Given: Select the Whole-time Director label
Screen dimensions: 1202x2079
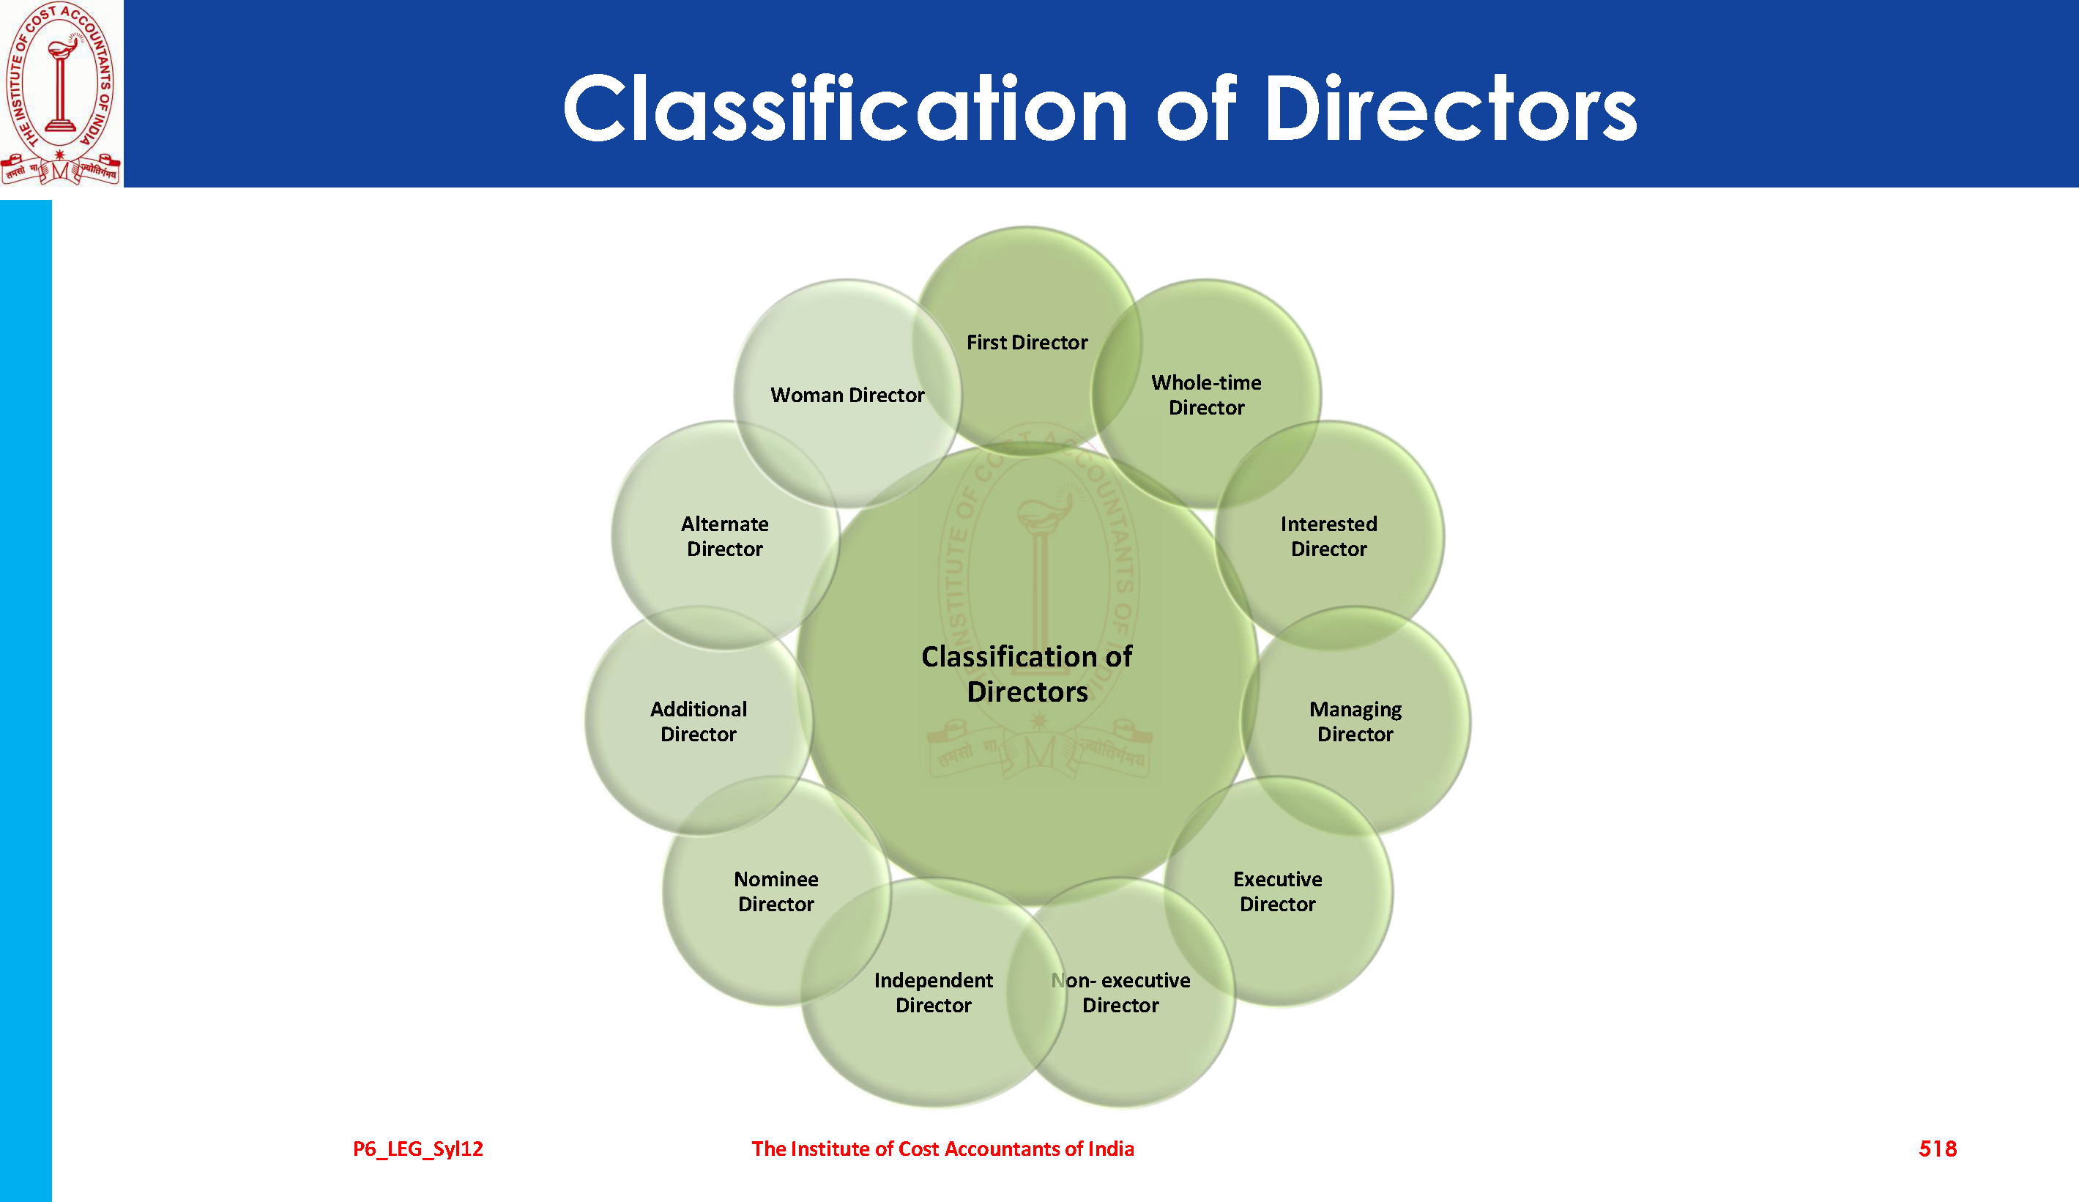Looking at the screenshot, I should pyautogui.click(x=1206, y=395).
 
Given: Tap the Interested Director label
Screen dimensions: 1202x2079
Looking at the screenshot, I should pyautogui.click(x=1328, y=536).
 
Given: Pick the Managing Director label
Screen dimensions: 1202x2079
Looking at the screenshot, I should pyautogui.click(x=1355, y=722).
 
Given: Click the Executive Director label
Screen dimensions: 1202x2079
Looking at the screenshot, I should pyautogui.click(x=1277, y=892).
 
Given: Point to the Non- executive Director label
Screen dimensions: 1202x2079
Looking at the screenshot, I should pyautogui.click(x=1120, y=993).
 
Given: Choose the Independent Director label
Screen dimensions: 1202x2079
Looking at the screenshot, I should pyautogui.click(x=933, y=993).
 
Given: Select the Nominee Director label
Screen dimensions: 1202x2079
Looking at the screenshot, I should pyautogui.click(x=776, y=892).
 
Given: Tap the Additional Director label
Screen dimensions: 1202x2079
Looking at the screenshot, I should pyautogui.click(x=698, y=722).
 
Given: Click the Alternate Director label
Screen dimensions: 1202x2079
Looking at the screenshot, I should pyautogui.click(x=724, y=536).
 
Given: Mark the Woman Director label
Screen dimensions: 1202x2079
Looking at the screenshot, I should pyautogui.click(x=847, y=395).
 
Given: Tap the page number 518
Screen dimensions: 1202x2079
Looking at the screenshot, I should pyautogui.click(x=1937, y=1149).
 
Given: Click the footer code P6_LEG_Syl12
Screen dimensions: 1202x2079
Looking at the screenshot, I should pyautogui.click(x=417, y=1149).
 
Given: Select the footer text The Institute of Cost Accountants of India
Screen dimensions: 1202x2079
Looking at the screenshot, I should pyautogui.click(x=942, y=1149).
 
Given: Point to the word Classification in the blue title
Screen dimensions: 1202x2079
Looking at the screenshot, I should pyautogui.click(x=845, y=108).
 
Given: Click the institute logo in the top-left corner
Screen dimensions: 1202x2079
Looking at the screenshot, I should pyautogui.click(x=61, y=92).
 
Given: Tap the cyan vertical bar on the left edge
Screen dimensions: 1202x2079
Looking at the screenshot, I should pyautogui.click(x=26, y=701).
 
